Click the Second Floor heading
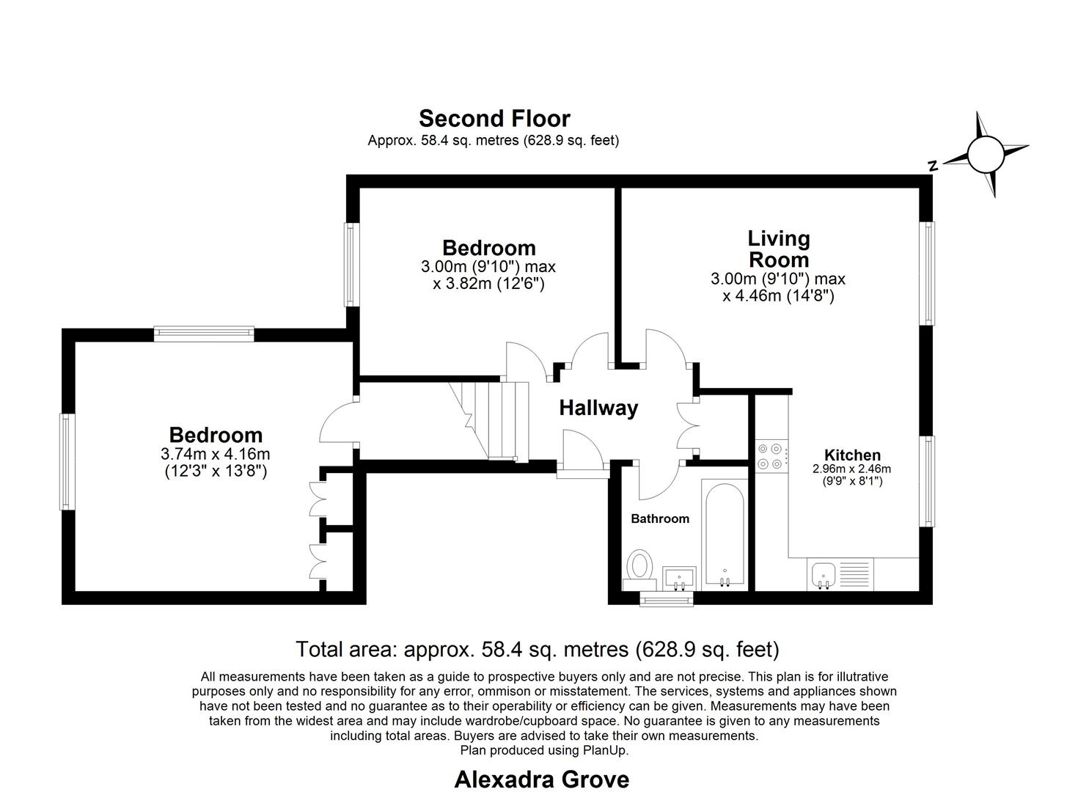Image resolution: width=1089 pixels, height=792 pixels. [494, 118]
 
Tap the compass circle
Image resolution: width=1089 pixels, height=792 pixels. [984, 154]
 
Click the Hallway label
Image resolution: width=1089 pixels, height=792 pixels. [598, 408]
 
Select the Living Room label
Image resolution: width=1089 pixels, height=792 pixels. [778, 249]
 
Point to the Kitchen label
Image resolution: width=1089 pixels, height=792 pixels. [852, 455]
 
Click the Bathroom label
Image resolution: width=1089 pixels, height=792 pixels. [660, 518]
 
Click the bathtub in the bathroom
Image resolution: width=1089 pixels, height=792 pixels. [724, 534]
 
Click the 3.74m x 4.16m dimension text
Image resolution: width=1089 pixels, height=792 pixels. [215, 454]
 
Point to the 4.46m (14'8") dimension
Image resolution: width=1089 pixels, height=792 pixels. [778, 296]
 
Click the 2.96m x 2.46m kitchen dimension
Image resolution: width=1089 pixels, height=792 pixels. [851, 469]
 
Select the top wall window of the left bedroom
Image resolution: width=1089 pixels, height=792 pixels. [204, 334]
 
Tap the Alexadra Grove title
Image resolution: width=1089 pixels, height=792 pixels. [541, 779]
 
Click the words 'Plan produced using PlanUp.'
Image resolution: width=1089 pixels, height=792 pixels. [544, 750]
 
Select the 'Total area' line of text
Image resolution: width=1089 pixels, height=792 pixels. [537, 649]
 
